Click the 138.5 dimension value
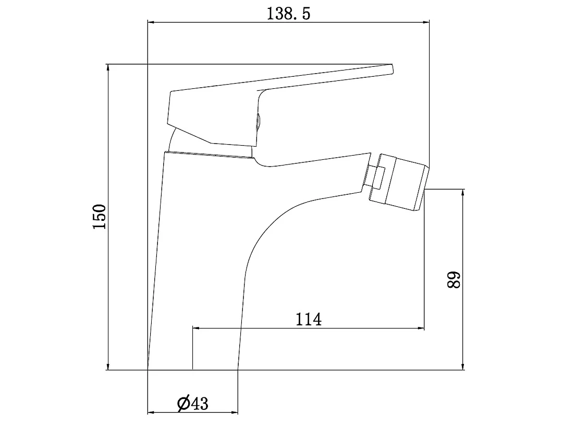pyautogui.click(x=288, y=14)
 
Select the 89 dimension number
pyautogui.click(x=454, y=280)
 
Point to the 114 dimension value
pyautogui.click(x=309, y=319)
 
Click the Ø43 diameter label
pyautogui.click(x=192, y=404)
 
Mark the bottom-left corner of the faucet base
pyautogui.click(x=148, y=370)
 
